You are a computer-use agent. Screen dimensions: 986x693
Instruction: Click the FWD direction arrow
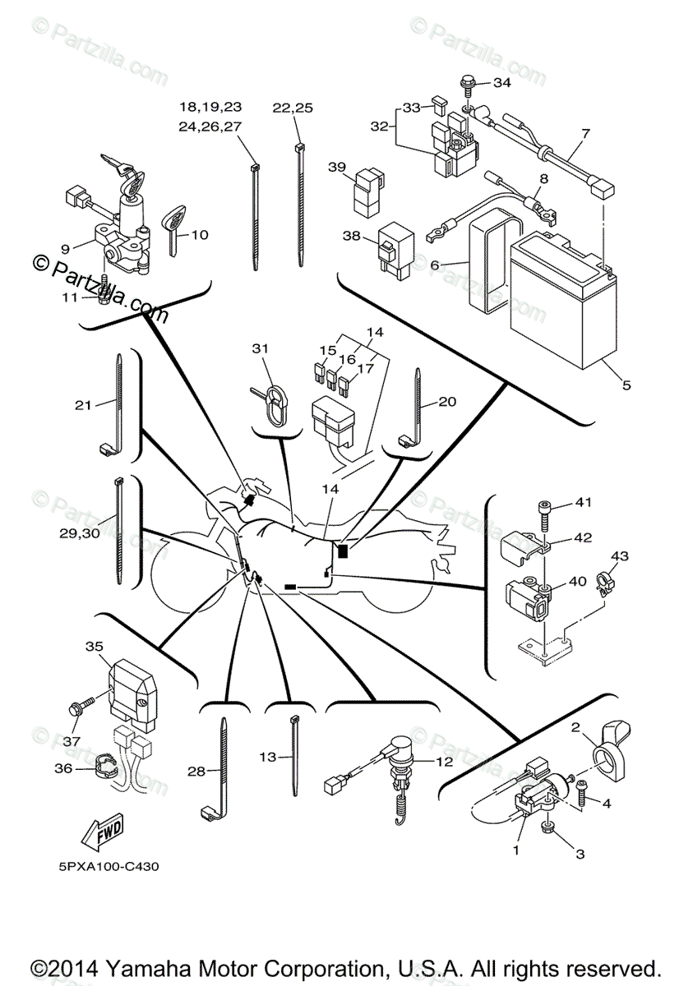pos(101,833)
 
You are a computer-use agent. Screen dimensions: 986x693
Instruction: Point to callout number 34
pos(501,83)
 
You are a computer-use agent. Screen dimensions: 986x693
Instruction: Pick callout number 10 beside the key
pos(200,235)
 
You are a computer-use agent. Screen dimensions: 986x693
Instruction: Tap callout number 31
pos(260,348)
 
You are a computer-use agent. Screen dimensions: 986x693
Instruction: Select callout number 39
pos(336,167)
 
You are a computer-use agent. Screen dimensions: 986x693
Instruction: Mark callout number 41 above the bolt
pos(583,502)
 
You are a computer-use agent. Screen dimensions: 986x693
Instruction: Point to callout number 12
pos(444,762)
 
